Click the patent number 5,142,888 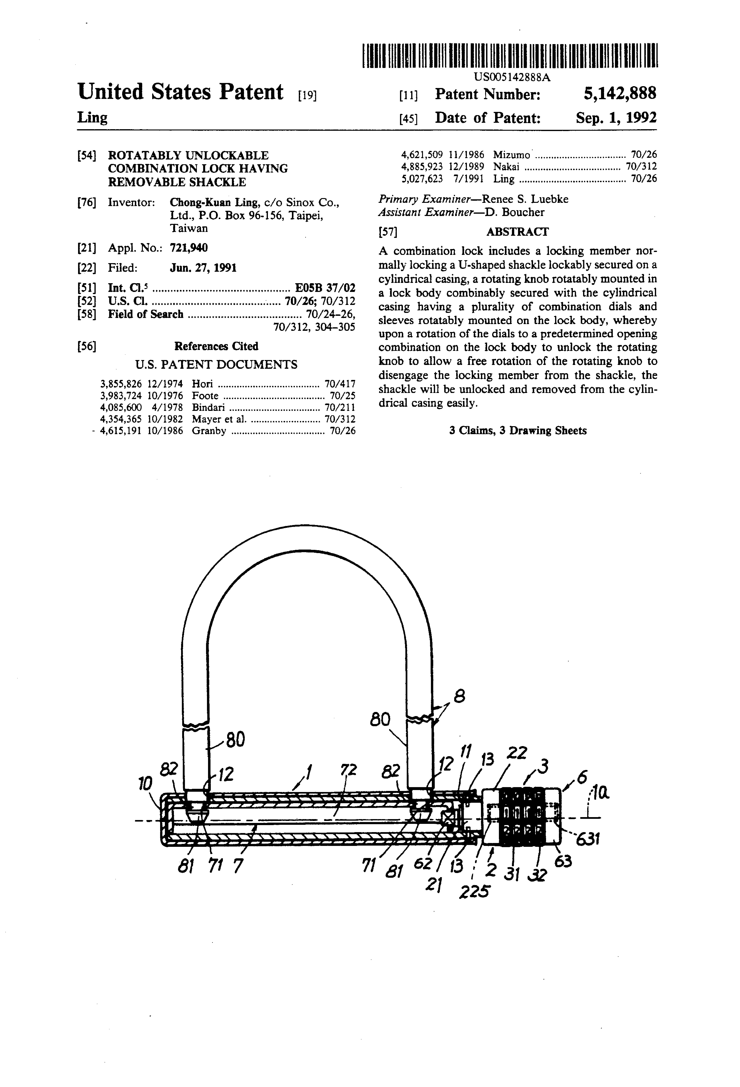619,94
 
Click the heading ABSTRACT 517,232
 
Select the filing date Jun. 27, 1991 203,268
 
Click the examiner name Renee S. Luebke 525,199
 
